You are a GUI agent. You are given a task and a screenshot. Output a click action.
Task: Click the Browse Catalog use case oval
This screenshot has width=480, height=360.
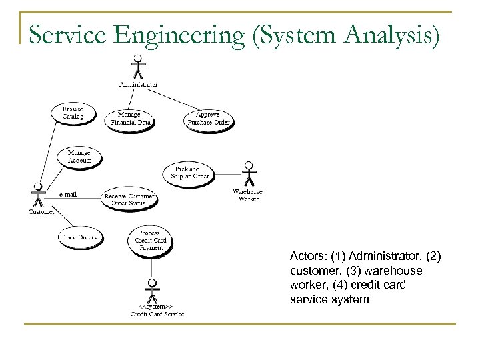click(x=73, y=113)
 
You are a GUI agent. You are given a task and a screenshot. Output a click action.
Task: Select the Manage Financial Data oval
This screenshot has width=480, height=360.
click(x=129, y=118)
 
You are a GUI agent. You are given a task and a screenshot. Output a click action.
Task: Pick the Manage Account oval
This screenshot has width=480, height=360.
click(x=79, y=157)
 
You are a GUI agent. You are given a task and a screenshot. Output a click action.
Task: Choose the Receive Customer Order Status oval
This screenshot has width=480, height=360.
click(x=130, y=199)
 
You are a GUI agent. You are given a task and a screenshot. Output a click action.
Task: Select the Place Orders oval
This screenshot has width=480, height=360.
click(x=79, y=236)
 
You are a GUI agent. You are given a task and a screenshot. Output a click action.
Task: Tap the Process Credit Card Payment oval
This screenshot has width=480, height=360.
click(x=151, y=239)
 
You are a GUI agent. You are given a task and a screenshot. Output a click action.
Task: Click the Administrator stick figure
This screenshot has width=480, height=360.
click(x=138, y=67)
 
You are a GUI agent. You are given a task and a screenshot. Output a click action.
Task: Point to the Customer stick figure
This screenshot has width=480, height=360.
click(x=39, y=195)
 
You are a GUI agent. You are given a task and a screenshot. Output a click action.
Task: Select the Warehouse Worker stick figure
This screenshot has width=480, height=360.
click(x=249, y=174)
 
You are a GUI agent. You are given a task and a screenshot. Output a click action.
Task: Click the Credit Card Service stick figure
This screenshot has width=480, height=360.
click(x=152, y=291)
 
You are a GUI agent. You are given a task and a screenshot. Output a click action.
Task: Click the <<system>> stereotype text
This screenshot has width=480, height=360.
click(x=151, y=307)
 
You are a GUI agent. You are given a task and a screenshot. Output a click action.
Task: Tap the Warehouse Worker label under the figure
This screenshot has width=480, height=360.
click(x=247, y=195)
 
